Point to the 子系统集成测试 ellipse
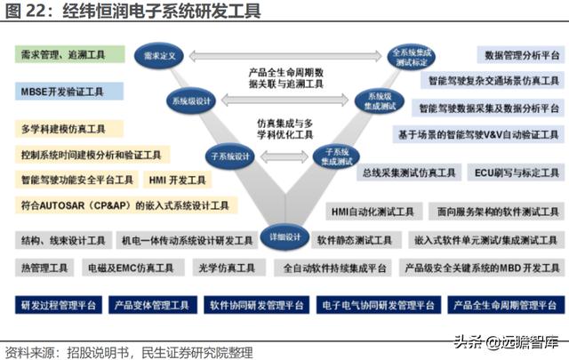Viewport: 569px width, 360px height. (x=335, y=156)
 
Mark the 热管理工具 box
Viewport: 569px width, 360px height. (x=43, y=267)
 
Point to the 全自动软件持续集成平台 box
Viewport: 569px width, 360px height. (x=334, y=267)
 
